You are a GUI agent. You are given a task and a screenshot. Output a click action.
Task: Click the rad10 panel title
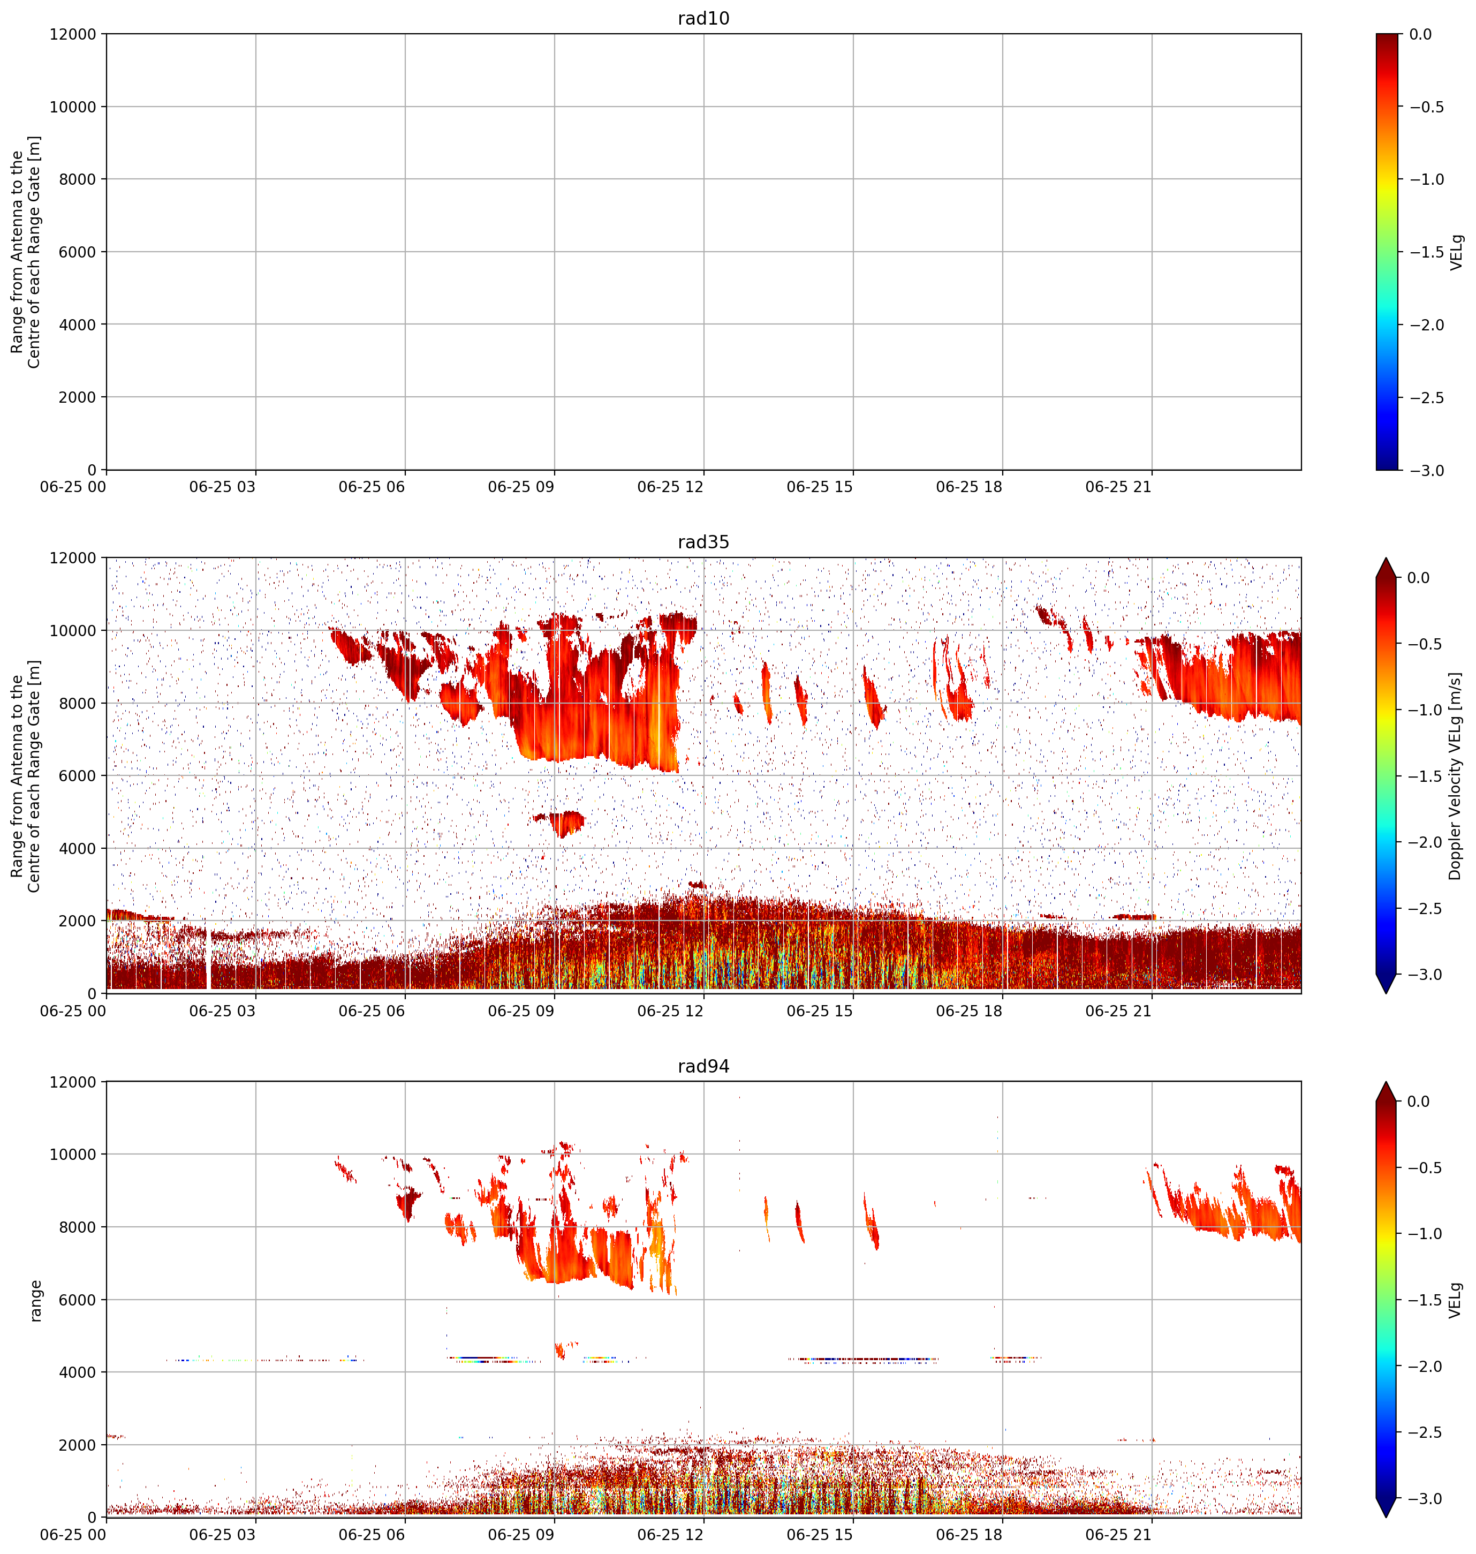click(x=703, y=18)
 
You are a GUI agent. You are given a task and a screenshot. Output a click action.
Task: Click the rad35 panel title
click(x=703, y=542)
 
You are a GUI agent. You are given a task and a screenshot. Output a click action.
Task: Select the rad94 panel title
click(x=703, y=1066)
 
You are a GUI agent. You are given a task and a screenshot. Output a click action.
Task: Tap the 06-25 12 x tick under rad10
click(x=670, y=486)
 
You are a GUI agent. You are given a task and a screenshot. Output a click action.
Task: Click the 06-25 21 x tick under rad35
click(x=1118, y=1010)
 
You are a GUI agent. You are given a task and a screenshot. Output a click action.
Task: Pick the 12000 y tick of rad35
click(x=73, y=558)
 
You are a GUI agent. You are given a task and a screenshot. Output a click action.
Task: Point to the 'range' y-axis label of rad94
click(x=35, y=1300)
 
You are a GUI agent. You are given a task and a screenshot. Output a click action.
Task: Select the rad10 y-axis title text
click(x=25, y=252)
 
